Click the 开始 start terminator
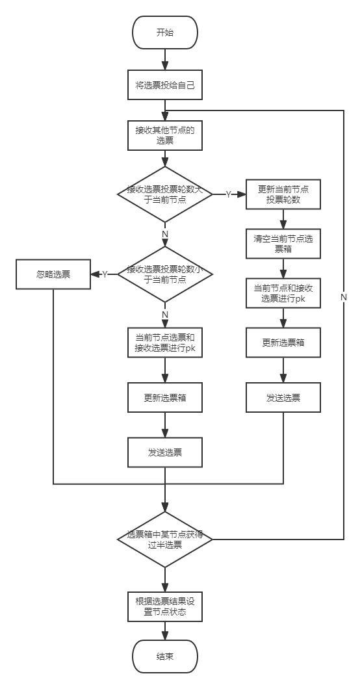tap(164, 32)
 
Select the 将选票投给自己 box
tap(164, 84)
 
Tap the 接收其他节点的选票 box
tap(164, 135)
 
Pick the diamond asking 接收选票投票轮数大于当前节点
tap(164, 194)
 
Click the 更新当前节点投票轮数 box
tap(283, 194)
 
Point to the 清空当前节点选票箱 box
tap(283, 244)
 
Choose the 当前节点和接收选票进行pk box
tap(283, 294)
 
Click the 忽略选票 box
tap(53, 275)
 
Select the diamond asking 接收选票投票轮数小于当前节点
tap(164, 274)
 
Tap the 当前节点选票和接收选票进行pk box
tap(164, 343)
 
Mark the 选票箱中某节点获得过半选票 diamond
tap(164, 539)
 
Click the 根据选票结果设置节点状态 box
tap(164, 606)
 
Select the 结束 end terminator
tap(164, 656)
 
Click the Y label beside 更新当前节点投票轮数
tap(228, 194)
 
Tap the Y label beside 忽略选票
tap(104, 275)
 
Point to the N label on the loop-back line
tap(343, 296)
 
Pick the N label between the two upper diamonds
tap(164, 234)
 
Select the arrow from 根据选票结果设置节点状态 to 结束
tap(164, 632)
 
